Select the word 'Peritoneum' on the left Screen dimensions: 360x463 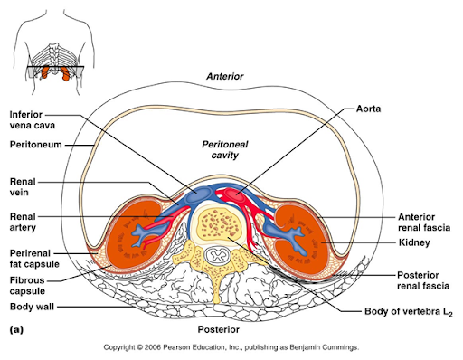(33, 144)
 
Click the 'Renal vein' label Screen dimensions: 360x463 (23, 186)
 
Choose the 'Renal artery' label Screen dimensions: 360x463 (24, 222)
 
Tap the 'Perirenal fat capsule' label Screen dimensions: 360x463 (33, 256)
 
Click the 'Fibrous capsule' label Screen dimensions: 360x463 (27, 286)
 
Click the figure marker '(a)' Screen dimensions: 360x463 (15, 331)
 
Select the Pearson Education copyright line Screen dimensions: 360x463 (231, 347)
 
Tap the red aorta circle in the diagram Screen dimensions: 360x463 (238, 193)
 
